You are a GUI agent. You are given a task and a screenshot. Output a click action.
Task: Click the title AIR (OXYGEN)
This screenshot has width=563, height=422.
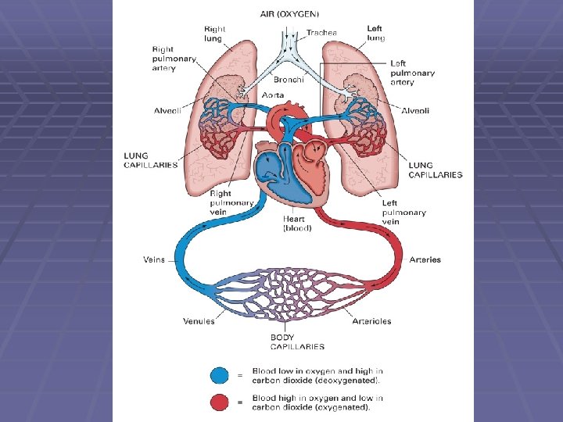[289, 14]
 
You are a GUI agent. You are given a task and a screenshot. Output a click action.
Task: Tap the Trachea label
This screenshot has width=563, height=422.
[321, 33]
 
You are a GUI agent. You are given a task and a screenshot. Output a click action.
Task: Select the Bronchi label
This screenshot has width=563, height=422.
[289, 79]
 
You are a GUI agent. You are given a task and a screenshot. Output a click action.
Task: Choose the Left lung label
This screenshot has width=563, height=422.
[375, 33]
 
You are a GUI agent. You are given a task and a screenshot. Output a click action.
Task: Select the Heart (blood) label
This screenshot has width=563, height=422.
[297, 224]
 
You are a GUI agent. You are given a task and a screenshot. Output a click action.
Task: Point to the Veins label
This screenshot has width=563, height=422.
[154, 259]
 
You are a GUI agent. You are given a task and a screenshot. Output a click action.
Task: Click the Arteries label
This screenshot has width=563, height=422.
[425, 259]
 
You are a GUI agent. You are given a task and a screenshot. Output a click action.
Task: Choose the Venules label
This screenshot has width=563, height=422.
[199, 321]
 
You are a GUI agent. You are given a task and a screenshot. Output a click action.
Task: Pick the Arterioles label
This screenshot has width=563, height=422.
[371, 321]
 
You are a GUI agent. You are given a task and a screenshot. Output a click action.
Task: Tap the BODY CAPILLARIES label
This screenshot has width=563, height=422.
[297, 342]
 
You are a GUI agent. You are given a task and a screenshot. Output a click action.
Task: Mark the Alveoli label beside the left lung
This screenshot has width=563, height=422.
[415, 111]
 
